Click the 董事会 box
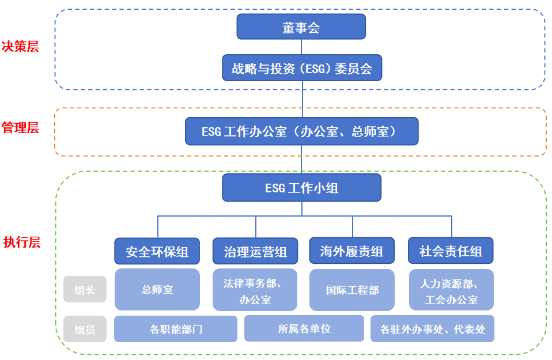(301, 27)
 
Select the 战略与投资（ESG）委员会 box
(302, 68)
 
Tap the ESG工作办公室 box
(301, 131)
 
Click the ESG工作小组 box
(301, 188)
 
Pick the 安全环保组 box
(157, 251)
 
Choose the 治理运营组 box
(255, 251)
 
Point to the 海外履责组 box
(352, 251)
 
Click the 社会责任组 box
(451, 251)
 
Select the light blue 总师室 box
(157, 289)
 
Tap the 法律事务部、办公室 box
(255, 290)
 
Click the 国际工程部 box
(352, 290)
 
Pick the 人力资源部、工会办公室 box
(451, 290)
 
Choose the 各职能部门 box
(176, 329)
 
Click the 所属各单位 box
(304, 328)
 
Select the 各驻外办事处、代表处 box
(433, 329)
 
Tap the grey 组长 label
(85, 290)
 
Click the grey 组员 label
(85, 329)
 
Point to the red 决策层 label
(20, 47)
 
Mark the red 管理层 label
(20, 128)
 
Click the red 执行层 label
(21, 242)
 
